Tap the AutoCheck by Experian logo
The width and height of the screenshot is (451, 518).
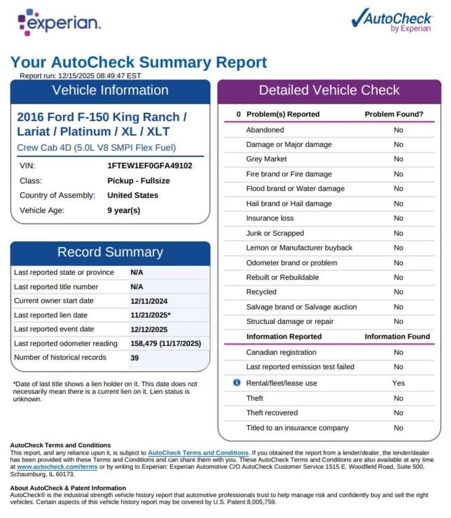coord(392,21)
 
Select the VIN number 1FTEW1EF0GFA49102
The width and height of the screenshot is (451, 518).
coord(150,166)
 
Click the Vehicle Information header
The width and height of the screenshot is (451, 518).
coord(110,90)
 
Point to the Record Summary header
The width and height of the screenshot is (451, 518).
coord(110,252)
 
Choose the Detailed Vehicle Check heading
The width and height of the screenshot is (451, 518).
coord(329,90)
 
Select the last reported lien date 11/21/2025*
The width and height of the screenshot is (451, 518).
coord(150,315)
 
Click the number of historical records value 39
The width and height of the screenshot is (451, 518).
coord(135,358)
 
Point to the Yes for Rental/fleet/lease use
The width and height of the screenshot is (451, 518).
coord(398,383)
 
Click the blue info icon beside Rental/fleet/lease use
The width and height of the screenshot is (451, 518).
coord(236,383)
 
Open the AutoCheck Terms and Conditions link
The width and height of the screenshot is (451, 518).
coord(198,453)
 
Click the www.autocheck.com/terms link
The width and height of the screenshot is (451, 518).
coord(57,467)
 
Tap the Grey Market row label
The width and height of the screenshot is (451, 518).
coord(266,159)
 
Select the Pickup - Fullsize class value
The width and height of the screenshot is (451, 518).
coord(138,181)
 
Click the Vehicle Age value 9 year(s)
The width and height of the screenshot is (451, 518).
coord(124,210)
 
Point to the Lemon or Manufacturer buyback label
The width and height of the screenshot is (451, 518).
coord(299,248)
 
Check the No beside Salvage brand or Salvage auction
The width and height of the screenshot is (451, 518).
coord(398,307)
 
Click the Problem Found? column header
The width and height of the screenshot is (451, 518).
coord(394,114)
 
